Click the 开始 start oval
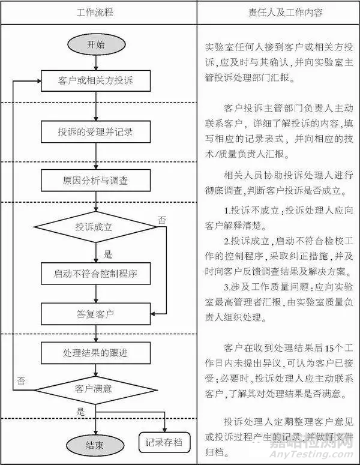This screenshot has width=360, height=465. [x=95, y=43]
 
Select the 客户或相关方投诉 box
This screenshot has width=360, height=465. [x=95, y=80]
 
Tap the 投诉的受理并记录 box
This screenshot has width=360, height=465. [x=95, y=131]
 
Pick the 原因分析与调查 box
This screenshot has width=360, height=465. [x=95, y=179]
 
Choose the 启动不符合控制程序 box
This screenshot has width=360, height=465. [x=95, y=274]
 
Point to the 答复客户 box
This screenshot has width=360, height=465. [x=95, y=313]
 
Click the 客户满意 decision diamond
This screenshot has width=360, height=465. [x=95, y=388]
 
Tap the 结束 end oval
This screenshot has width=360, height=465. [x=95, y=445]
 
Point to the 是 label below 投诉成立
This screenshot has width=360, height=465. [x=109, y=254]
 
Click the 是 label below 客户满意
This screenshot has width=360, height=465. [x=80, y=413]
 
